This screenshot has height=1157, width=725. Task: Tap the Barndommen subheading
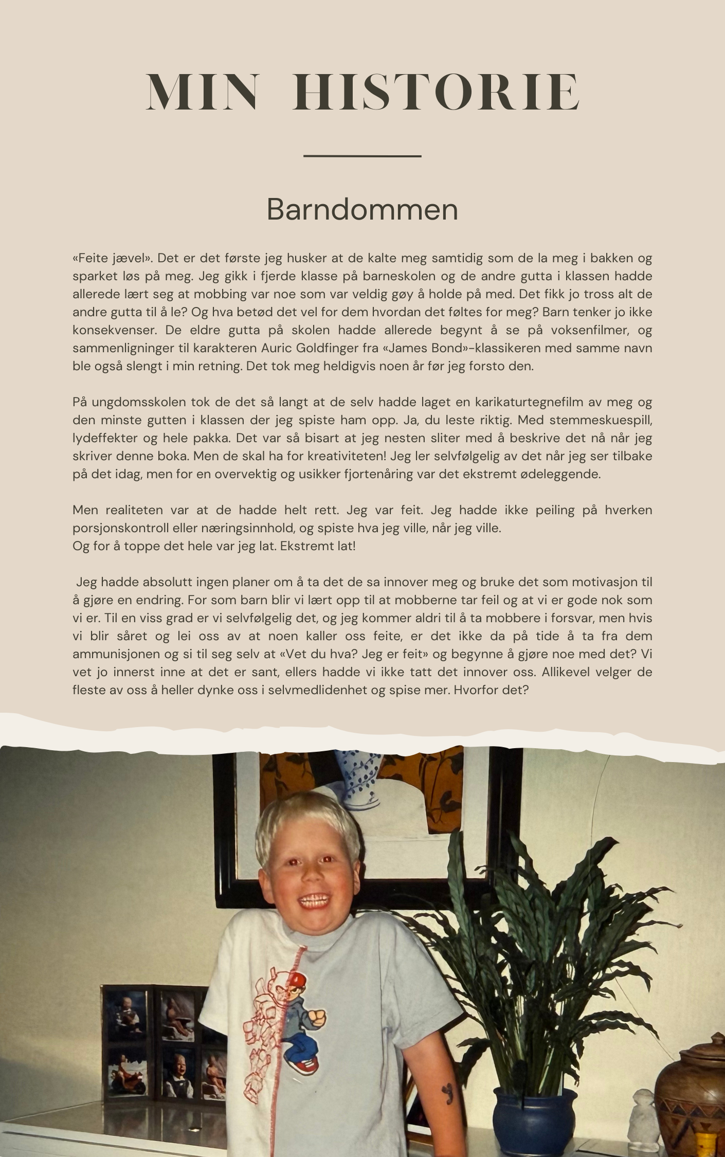tap(362, 209)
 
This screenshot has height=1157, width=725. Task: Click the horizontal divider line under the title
tap(362, 155)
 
